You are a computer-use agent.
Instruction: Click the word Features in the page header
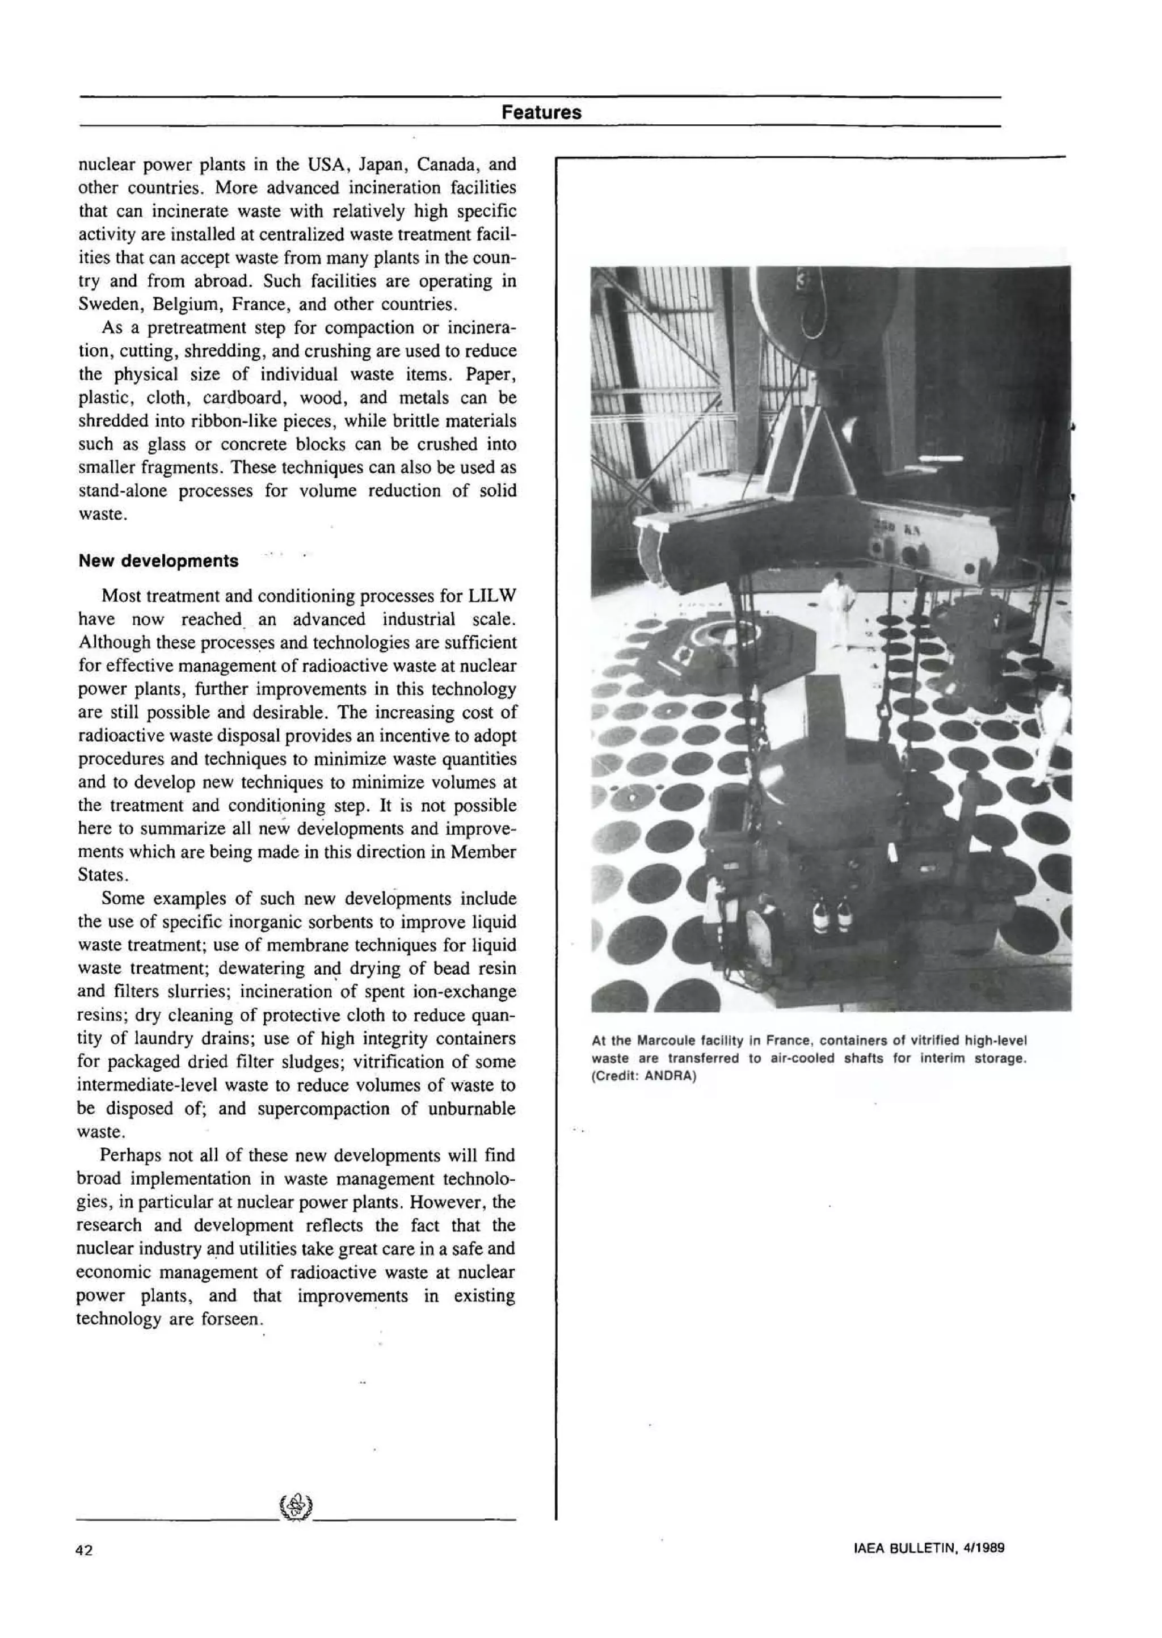pyautogui.click(x=541, y=112)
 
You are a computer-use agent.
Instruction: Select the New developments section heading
pyautogui.click(x=158, y=561)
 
